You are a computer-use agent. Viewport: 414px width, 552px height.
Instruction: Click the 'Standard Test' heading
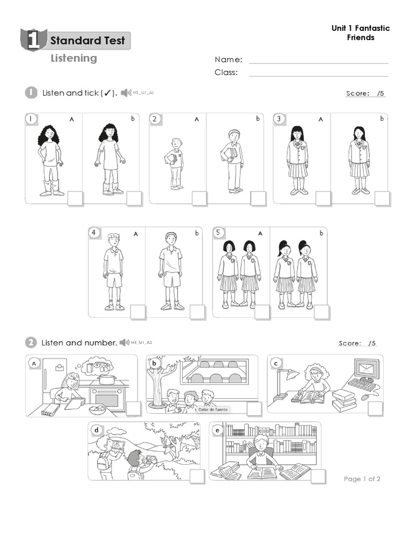pyautogui.click(x=87, y=40)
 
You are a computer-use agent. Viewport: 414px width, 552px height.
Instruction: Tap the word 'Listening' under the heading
pyautogui.click(x=74, y=58)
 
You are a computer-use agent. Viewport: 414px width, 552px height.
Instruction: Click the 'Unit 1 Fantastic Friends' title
pyautogui.click(x=361, y=32)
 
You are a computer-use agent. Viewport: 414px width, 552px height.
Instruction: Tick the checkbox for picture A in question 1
pyautogui.click(x=75, y=199)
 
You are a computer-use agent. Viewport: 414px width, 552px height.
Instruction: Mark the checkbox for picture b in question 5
pyautogui.click(x=322, y=312)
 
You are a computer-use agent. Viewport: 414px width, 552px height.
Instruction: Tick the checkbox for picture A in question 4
pyautogui.click(x=138, y=312)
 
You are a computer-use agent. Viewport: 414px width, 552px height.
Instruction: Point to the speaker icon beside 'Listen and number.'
pyautogui.click(x=125, y=343)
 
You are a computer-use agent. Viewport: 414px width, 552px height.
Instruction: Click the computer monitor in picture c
pyautogui.click(x=367, y=370)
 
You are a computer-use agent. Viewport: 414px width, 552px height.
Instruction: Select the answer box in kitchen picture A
pyautogui.click(x=133, y=409)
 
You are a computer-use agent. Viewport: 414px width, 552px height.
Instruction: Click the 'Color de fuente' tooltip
pyautogui.click(x=213, y=410)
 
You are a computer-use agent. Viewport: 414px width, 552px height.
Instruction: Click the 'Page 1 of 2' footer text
pyautogui.click(x=362, y=479)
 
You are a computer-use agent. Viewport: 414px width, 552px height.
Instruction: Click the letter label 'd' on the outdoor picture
pyautogui.click(x=96, y=430)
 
